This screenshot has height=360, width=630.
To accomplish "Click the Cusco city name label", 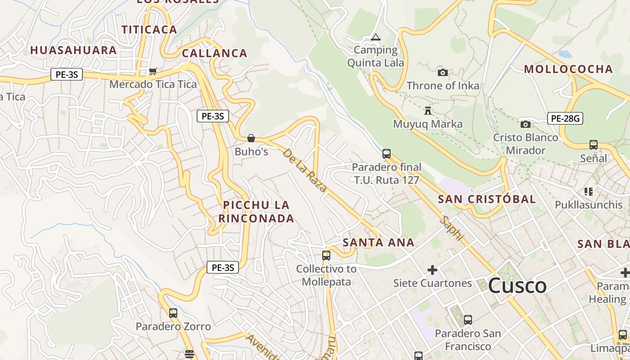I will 517,286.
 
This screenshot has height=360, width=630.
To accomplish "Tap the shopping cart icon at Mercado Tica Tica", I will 153,71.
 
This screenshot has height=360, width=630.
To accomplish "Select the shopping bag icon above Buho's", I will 251,138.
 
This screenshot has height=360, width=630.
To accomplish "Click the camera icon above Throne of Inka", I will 443,72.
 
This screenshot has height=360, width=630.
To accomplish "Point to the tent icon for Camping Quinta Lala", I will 375,37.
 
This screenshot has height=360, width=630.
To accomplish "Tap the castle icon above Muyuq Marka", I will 427,110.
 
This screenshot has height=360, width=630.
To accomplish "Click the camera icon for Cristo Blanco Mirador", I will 525,124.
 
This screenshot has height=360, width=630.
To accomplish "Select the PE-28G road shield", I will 565,118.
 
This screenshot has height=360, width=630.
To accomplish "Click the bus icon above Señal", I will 594,145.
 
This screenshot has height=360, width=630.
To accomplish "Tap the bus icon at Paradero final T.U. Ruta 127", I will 386,154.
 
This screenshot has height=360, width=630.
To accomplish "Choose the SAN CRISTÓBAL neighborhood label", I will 487,199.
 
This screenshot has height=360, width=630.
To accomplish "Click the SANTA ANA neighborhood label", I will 378,243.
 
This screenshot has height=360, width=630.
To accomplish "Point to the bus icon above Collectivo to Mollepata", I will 326,256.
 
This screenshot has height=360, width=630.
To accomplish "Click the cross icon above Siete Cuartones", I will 432,270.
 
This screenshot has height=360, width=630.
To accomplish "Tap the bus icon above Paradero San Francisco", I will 468,320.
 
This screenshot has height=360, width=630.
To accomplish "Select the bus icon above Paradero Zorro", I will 173,313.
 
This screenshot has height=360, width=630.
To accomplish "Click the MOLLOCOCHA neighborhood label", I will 568,69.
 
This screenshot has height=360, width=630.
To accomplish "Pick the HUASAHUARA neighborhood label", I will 73,50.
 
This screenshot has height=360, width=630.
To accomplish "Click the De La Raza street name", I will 305,171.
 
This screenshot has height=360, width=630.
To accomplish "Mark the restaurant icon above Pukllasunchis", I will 588,192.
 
